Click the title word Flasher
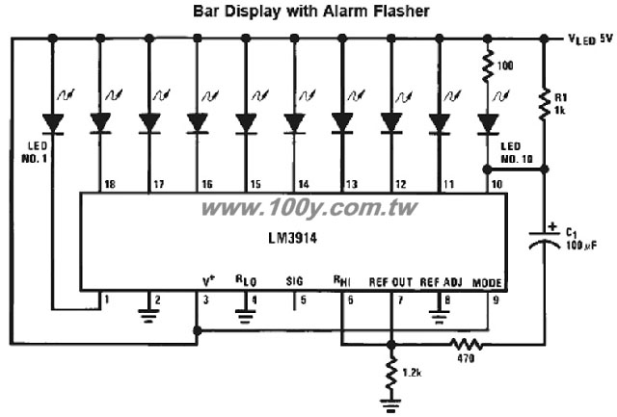[x=401, y=11]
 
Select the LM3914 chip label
[x=292, y=238]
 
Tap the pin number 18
[x=110, y=184]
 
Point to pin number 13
[x=352, y=184]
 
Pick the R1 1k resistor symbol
[x=545, y=104]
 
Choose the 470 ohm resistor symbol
[x=467, y=345]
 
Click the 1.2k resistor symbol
[x=391, y=372]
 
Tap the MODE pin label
[x=487, y=283]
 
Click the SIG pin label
[x=295, y=281]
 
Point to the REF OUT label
[x=390, y=282]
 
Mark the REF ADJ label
[x=442, y=282]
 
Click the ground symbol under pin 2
[x=148, y=316]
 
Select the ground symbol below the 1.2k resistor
[x=390, y=405]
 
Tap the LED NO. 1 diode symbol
[x=53, y=124]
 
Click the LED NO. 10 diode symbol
[x=488, y=124]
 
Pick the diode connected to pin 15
[x=246, y=123]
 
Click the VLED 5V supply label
[x=591, y=39]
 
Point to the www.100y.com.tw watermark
[x=308, y=208]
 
